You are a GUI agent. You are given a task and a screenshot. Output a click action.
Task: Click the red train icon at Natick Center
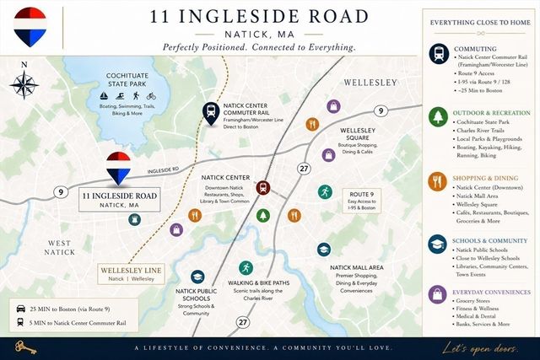pyautogui.click(x=263, y=188)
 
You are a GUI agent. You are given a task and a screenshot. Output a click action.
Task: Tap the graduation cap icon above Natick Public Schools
pyautogui.click(x=197, y=277)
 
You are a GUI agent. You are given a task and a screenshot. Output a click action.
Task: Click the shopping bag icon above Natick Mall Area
pyautogui.click(x=324, y=249)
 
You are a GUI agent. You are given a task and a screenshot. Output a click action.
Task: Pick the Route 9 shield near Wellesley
pyautogui.click(x=381, y=110)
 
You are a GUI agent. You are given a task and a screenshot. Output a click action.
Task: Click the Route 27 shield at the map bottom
pyautogui.click(x=243, y=321)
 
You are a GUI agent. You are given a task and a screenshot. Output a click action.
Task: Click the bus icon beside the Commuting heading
pyautogui.click(x=437, y=52)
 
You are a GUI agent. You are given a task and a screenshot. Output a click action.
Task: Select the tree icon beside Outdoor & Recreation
pyautogui.click(x=437, y=116)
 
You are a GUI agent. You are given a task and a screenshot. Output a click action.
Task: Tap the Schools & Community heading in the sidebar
pyautogui.click(x=489, y=239)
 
